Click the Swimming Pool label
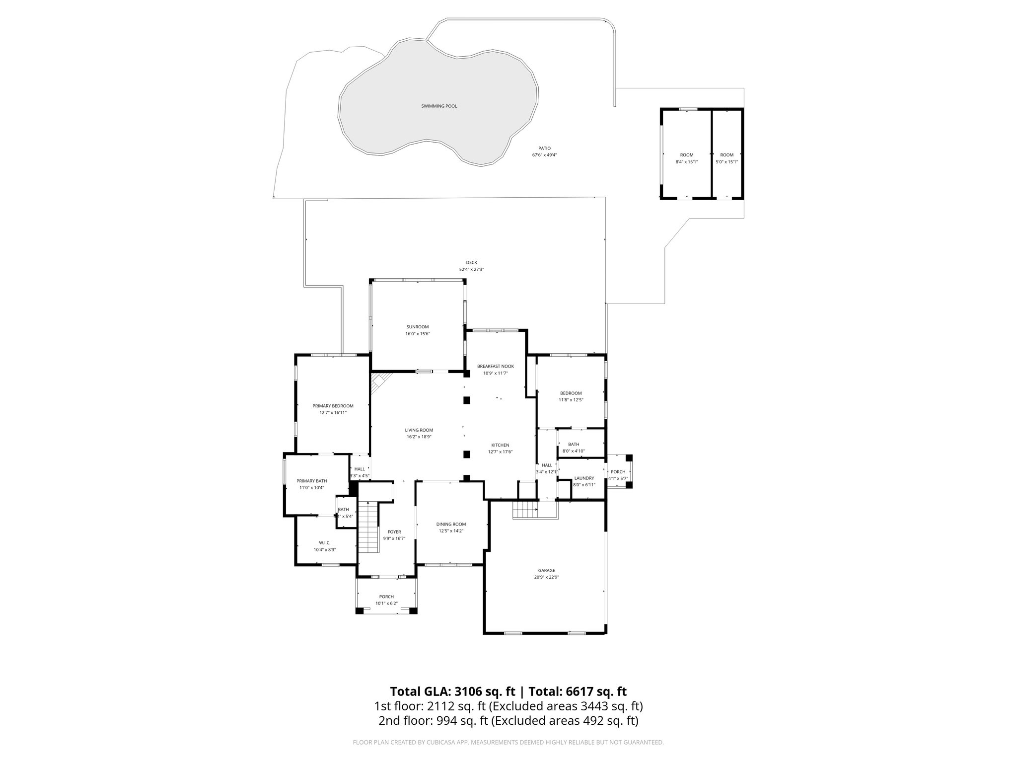pos(439,106)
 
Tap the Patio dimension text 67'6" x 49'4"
pos(544,155)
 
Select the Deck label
pos(471,263)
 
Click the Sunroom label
pos(417,327)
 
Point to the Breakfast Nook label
pos(495,366)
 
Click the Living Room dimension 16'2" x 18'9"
pos(419,437)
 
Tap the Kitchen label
pos(500,445)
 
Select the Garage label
pos(546,570)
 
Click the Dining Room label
pos(451,524)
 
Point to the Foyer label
pos(394,532)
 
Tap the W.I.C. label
pos(325,542)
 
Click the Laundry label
pos(584,478)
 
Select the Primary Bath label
pos(311,481)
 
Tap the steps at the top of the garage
pos(525,509)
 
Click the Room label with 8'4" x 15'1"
pos(686,155)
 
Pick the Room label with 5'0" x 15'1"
pos(726,155)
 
